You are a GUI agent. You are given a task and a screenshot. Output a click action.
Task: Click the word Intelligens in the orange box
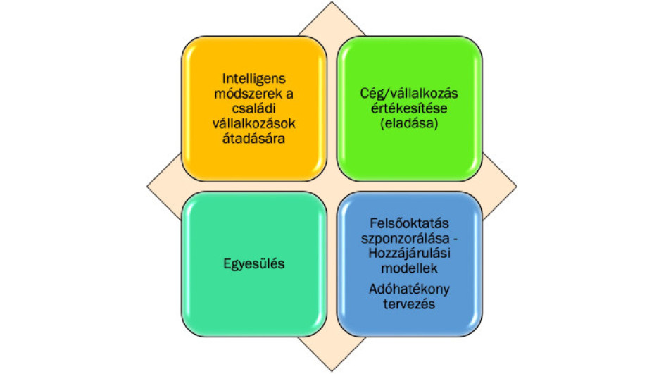254,79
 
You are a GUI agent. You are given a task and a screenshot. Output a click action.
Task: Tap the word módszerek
248,94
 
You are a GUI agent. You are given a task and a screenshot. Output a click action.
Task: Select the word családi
253,108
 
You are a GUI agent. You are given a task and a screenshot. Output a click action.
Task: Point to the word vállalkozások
254,123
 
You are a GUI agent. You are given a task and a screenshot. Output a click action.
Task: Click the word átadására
253,138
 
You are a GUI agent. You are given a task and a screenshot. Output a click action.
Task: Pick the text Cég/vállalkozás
409,94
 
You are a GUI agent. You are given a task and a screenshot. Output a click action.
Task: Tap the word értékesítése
409,108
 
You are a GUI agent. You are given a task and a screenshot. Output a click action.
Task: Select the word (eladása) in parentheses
409,123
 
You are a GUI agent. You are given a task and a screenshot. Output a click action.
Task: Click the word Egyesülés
254,264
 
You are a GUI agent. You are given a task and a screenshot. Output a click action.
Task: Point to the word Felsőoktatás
409,223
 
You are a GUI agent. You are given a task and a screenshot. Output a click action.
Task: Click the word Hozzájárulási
409,254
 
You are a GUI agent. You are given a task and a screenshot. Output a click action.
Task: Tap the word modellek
409,268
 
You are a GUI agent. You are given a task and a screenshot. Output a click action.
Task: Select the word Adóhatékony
409,289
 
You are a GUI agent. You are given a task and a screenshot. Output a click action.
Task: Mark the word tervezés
409,304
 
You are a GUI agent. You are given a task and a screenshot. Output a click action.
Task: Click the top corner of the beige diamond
332,1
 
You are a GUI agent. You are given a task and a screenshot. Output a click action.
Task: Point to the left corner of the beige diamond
147,186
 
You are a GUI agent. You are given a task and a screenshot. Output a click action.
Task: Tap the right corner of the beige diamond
517,186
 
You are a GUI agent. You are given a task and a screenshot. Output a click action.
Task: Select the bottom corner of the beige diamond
332,371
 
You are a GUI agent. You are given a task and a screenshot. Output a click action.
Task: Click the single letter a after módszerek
289,94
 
